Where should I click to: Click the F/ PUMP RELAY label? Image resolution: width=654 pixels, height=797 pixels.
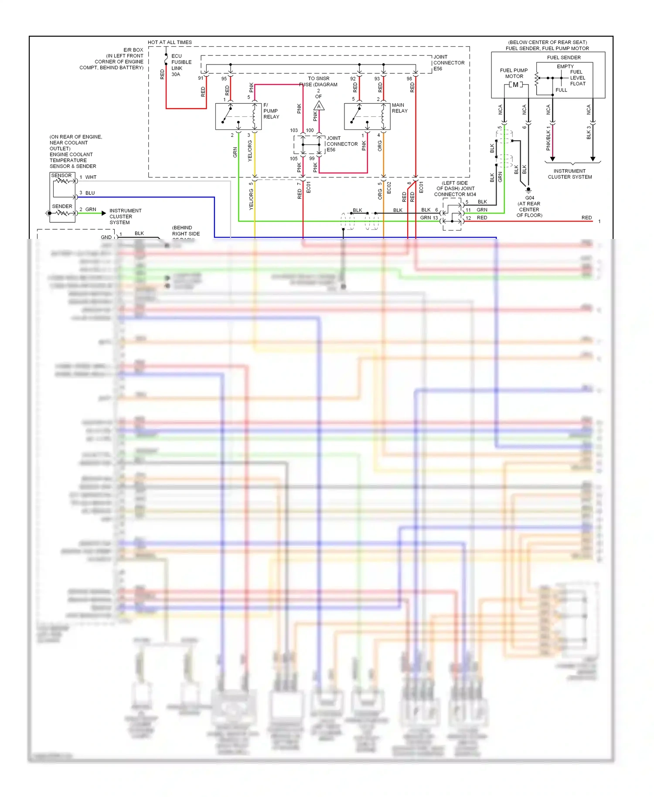(x=271, y=111)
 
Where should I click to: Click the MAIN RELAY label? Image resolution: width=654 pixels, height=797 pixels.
(x=399, y=108)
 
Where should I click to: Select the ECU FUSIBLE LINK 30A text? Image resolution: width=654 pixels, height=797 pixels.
(x=181, y=65)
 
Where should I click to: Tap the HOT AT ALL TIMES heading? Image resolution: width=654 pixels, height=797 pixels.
(x=170, y=42)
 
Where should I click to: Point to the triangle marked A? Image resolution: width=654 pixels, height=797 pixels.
(x=319, y=106)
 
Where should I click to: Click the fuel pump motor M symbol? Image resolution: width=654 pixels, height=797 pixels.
(x=515, y=85)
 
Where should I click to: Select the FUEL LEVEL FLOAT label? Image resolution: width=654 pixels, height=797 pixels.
(x=577, y=78)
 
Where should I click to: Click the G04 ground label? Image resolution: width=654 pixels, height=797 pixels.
(x=529, y=198)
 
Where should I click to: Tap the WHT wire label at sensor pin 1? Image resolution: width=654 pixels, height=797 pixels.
(x=91, y=177)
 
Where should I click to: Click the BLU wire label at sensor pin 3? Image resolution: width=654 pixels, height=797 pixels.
(x=90, y=193)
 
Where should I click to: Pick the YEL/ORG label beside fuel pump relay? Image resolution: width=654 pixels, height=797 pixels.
(x=250, y=151)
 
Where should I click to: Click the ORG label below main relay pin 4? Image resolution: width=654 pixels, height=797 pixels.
(x=380, y=146)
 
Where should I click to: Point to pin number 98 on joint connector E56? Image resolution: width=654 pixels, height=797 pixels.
(x=409, y=79)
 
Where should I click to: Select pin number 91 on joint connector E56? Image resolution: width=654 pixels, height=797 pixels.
(x=201, y=78)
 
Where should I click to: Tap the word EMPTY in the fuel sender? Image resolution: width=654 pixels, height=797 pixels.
(x=565, y=66)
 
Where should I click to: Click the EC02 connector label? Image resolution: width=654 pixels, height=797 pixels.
(x=389, y=187)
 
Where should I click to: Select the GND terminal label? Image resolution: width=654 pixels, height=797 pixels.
(x=106, y=237)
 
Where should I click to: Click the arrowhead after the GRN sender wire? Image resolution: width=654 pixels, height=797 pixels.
(x=104, y=213)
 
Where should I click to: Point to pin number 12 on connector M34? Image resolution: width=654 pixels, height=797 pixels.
(x=468, y=218)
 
